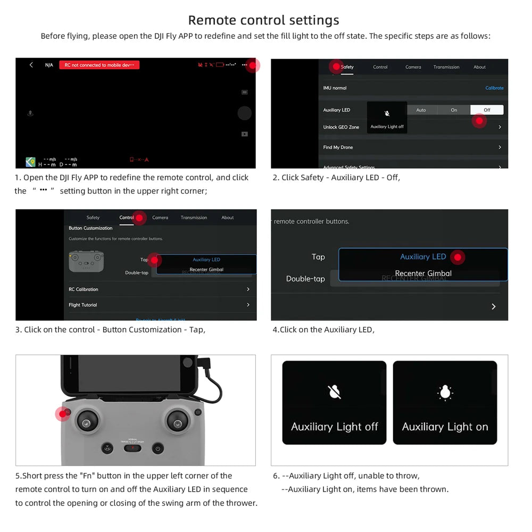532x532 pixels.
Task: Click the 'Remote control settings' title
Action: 263,20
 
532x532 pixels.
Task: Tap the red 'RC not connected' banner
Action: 99,65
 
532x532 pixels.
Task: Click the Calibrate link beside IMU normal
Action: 494,88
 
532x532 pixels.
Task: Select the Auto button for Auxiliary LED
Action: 421,110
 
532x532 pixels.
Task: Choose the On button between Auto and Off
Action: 454,110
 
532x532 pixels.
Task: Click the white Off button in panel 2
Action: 487,110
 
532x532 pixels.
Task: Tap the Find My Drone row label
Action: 338,147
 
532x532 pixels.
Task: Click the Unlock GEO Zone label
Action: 341,127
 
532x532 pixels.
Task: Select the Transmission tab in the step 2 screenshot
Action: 446,67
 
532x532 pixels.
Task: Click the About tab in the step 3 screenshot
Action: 228,218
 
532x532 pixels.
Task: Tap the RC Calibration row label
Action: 84,289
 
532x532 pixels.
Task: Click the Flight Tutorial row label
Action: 82,305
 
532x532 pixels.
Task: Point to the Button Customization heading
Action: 90,228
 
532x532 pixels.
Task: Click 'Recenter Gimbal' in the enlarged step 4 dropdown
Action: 423,273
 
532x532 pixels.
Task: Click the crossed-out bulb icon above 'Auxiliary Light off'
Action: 334,393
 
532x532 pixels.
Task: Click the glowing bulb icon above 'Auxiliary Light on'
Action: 445,393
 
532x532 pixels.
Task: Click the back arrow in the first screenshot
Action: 31,65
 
